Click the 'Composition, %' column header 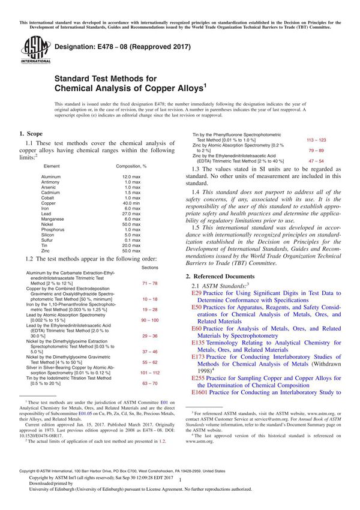(131, 166)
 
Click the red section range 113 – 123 (316, 139)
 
